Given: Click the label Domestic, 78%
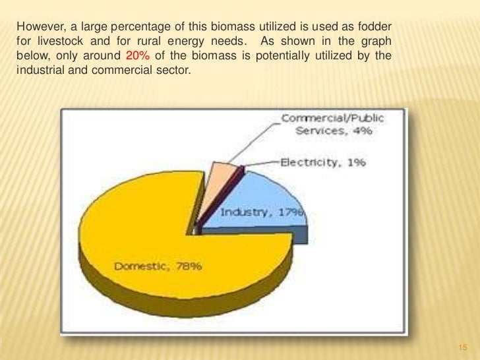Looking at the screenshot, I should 158,267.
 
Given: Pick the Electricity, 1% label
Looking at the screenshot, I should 324,162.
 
